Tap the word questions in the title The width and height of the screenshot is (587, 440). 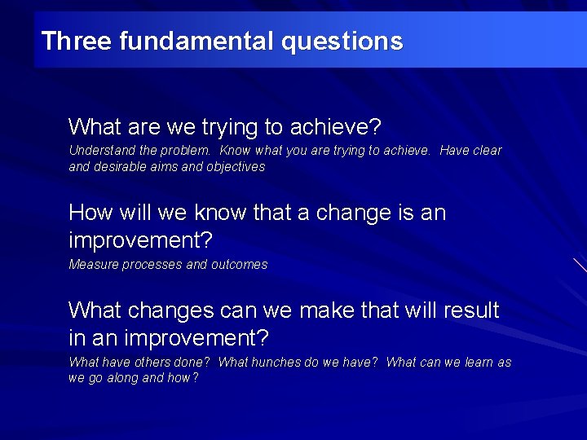(342, 42)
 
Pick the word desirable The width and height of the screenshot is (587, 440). (121, 167)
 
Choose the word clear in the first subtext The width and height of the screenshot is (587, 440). (487, 151)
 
